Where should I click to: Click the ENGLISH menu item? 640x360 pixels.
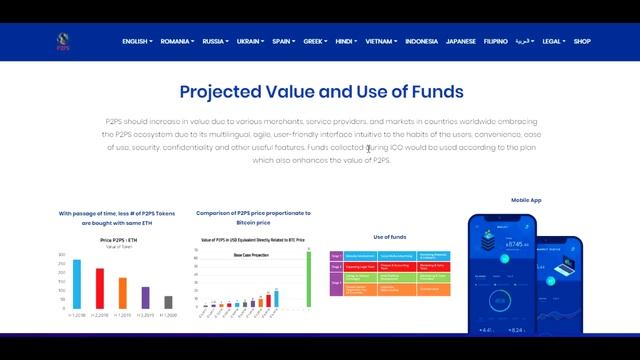tap(136, 41)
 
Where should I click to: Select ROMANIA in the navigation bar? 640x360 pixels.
tap(177, 41)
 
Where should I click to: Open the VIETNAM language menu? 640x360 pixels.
tap(380, 41)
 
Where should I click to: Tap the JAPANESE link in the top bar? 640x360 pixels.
tap(461, 41)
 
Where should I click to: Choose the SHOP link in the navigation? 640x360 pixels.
tap(582, 41)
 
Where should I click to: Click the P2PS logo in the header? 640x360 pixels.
tap(64, 41)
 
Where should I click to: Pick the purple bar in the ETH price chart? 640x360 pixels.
tap(145, 297)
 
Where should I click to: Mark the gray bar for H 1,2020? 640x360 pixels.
tap(168, 301)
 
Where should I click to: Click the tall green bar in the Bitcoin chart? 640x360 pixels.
tap(308, 278)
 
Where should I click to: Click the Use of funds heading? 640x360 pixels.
tap(389, 236)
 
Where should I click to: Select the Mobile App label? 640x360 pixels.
tap(526, 200)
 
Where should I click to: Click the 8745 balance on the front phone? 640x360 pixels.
tap(516, 243)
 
